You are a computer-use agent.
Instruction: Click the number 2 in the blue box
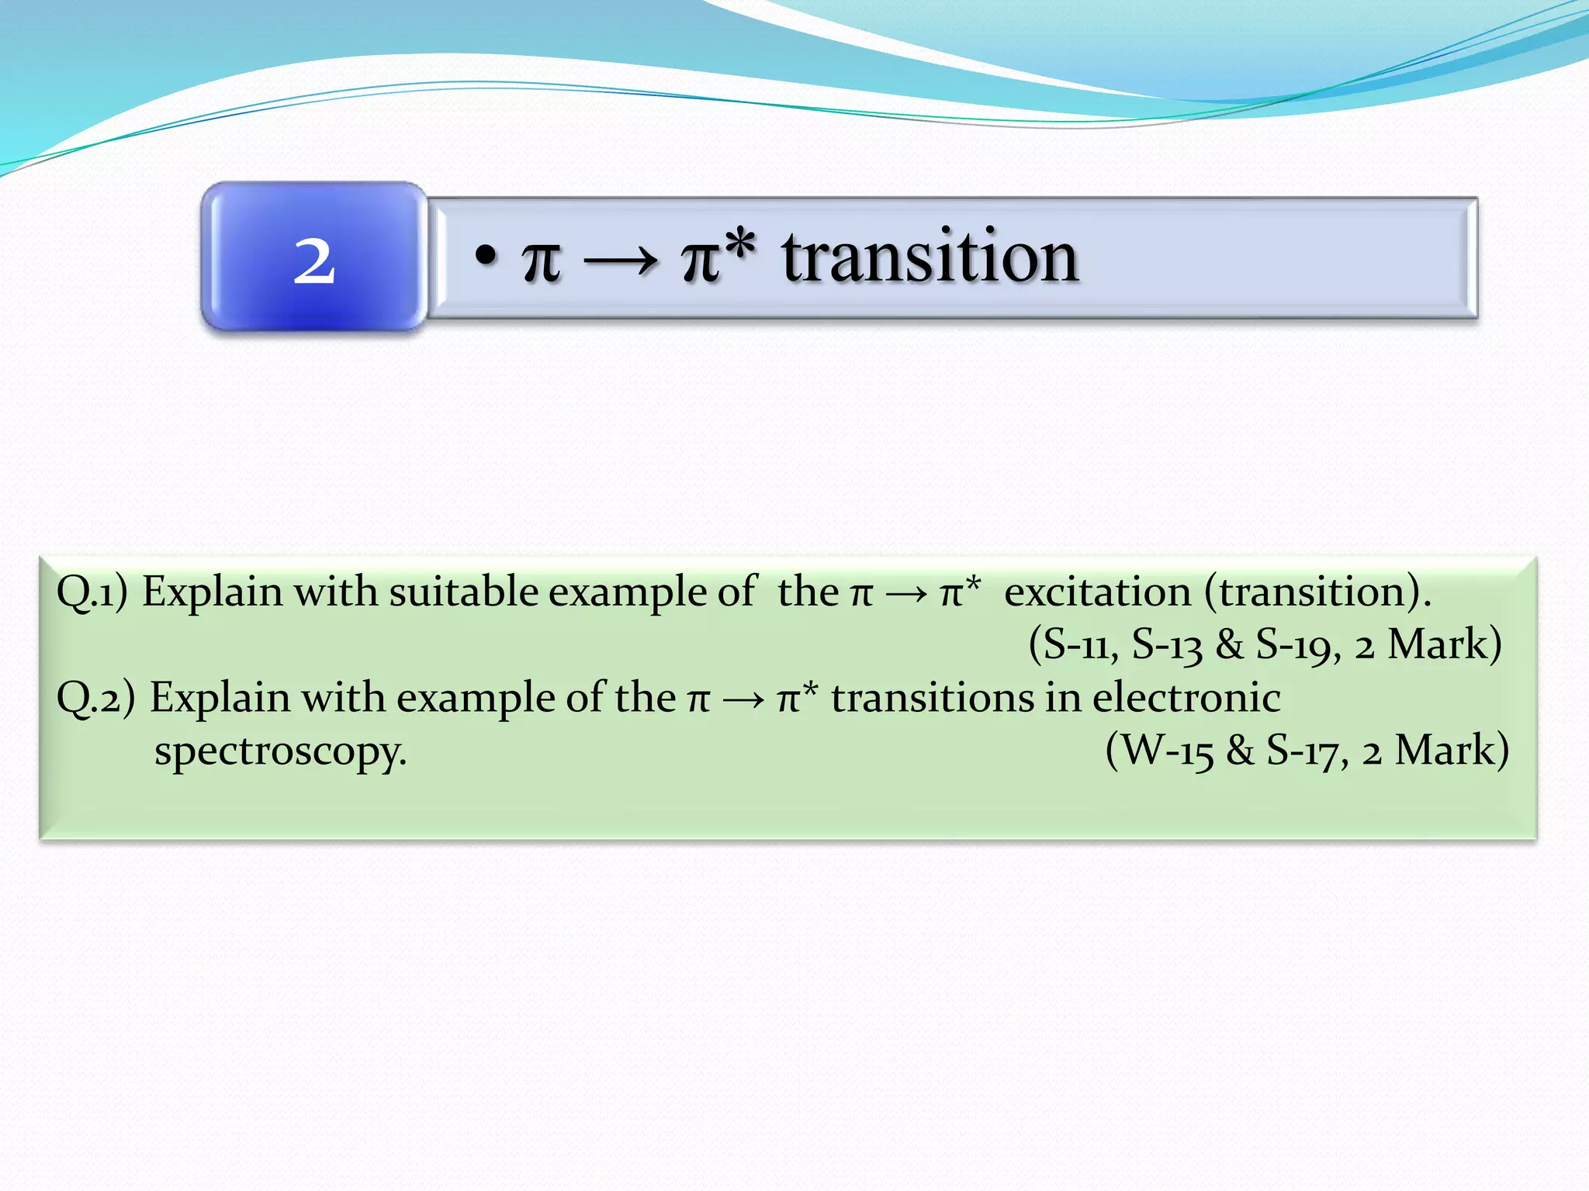[x=314, y=261]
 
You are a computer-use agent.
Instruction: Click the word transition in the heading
[x=930, y=257]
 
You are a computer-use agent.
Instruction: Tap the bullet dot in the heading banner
[x=486, y=255]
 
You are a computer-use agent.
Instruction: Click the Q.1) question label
[x=92, y=592]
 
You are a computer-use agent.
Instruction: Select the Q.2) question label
[x=95, y=698]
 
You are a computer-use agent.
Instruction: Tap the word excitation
[x=1097, y=592]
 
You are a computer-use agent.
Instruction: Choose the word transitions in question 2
[x=931, y=697]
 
